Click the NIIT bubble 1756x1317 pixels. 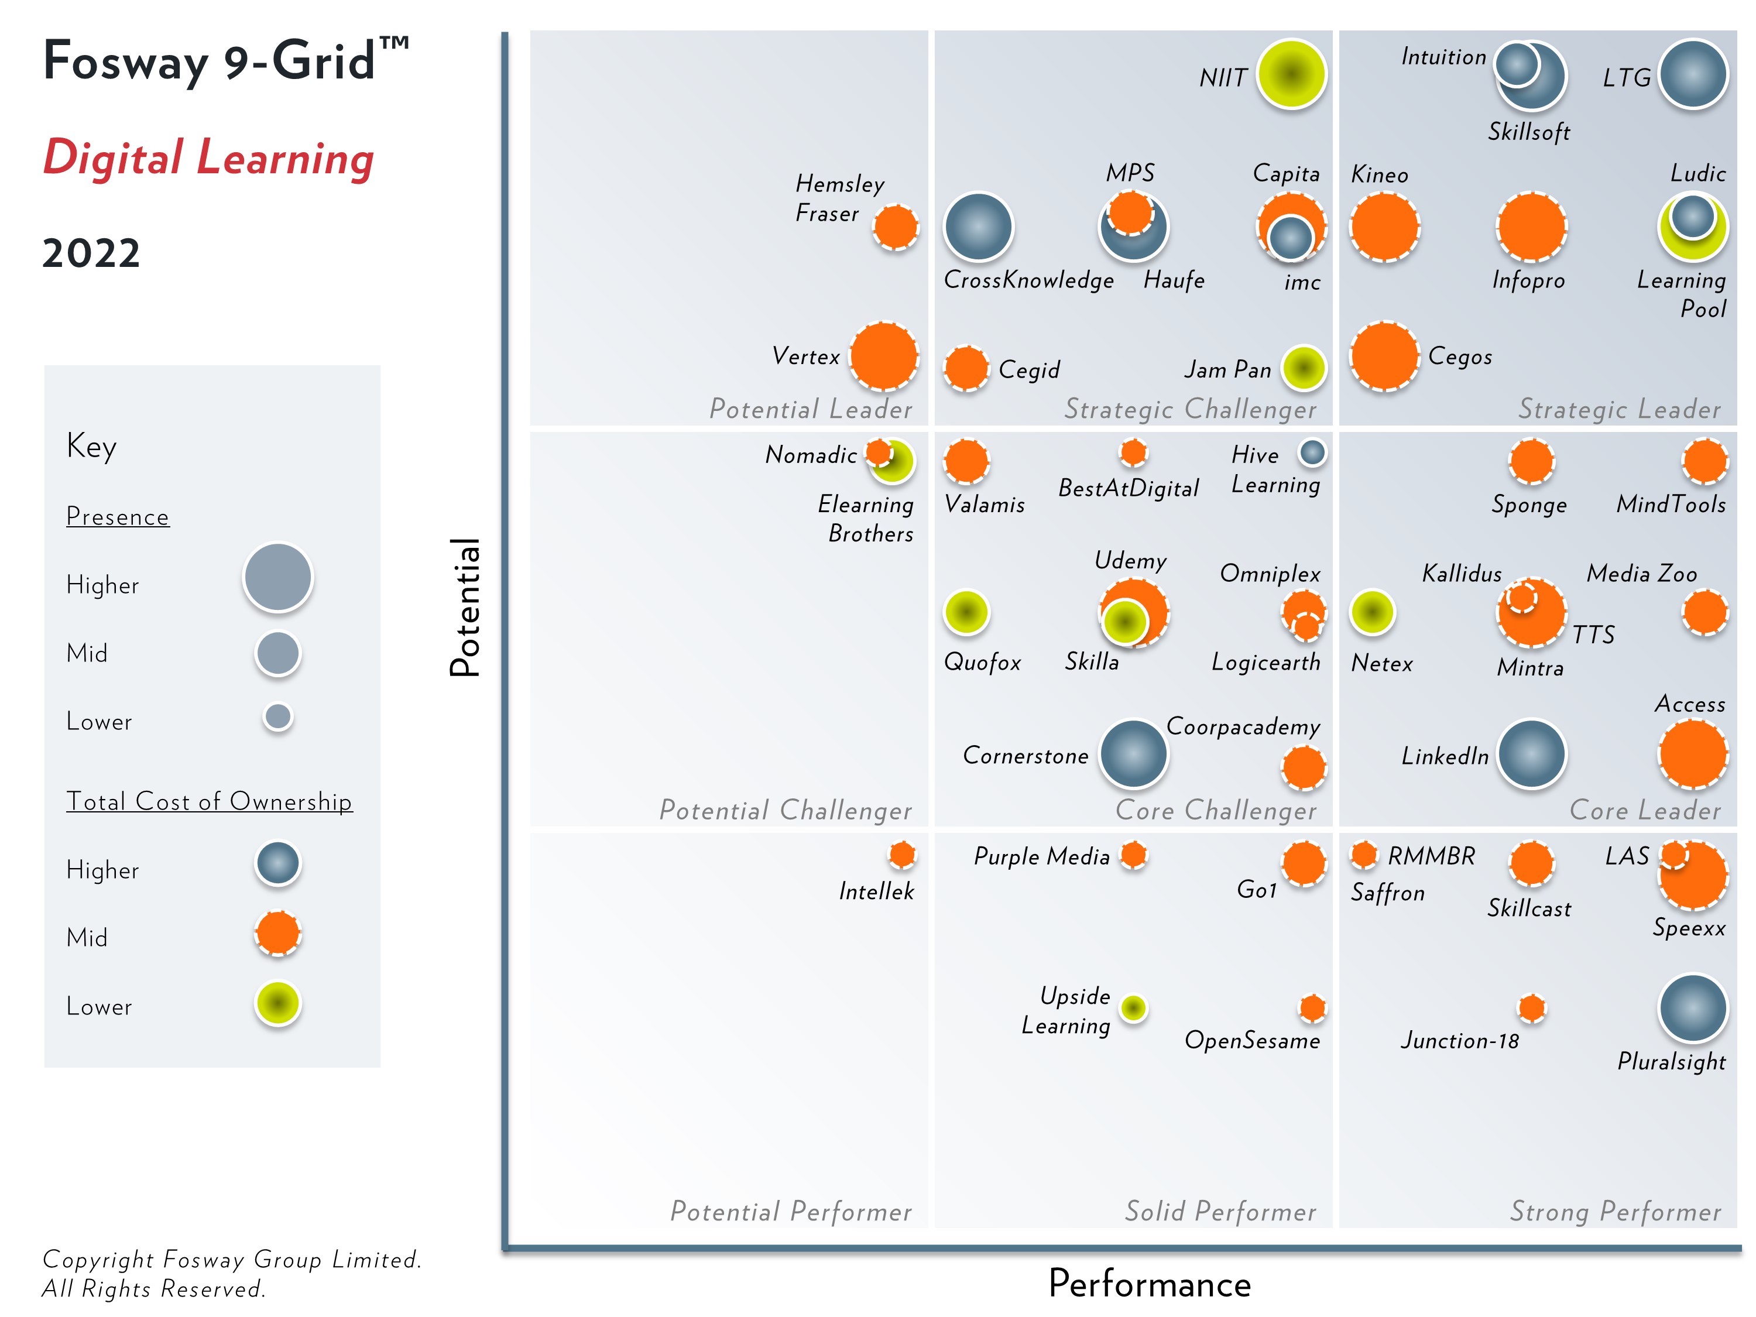[1291, 74]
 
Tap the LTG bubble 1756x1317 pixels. [1693, 74]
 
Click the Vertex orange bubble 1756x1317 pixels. [883, 356]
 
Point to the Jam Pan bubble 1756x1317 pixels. [1304, 368]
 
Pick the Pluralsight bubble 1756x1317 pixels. [1693, 1008]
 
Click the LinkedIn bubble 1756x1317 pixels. [1531, 754]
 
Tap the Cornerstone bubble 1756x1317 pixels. [1133, 754]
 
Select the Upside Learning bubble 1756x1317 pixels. [1133, 1008]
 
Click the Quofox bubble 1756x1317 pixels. [966, 612]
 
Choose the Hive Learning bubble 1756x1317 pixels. [1312, 452]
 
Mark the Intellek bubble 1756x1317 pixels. [902, 855]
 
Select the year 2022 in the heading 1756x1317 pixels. [91, 253]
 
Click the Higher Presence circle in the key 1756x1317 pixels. [278, 577]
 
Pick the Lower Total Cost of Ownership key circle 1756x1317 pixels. [278, 1003]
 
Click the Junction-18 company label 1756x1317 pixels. [1459, 1041]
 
